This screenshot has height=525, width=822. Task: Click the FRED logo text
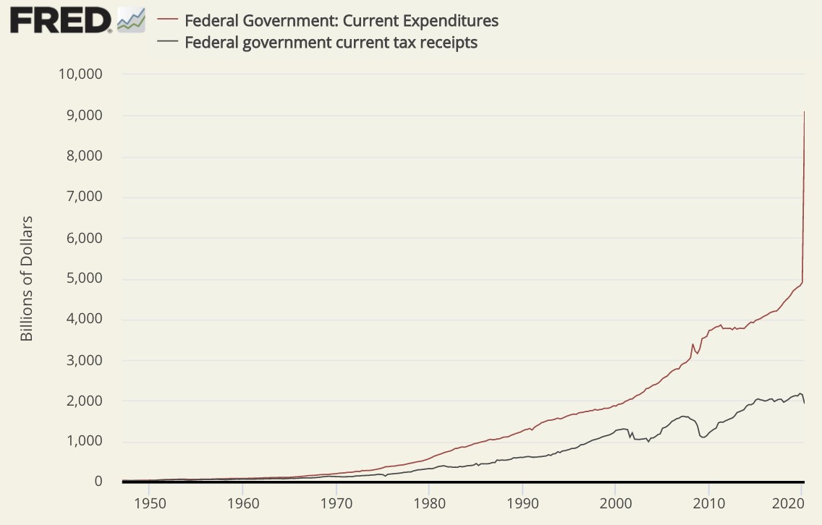point(60,20)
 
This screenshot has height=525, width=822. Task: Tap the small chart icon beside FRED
point(131,20)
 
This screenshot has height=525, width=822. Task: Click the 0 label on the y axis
point(98,482)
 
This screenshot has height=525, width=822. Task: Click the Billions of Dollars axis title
point(27,278)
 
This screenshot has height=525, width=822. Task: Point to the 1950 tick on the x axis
point(148,501)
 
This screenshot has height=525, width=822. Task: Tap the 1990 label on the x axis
point(522,501)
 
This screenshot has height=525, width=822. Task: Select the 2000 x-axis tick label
point(615,501)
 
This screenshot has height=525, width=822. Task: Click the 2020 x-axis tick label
point(802,501)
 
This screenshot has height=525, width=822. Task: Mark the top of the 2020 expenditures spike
point(805,112)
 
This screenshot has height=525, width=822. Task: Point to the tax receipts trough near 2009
point(701,437)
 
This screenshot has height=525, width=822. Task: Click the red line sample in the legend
point(167,20)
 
